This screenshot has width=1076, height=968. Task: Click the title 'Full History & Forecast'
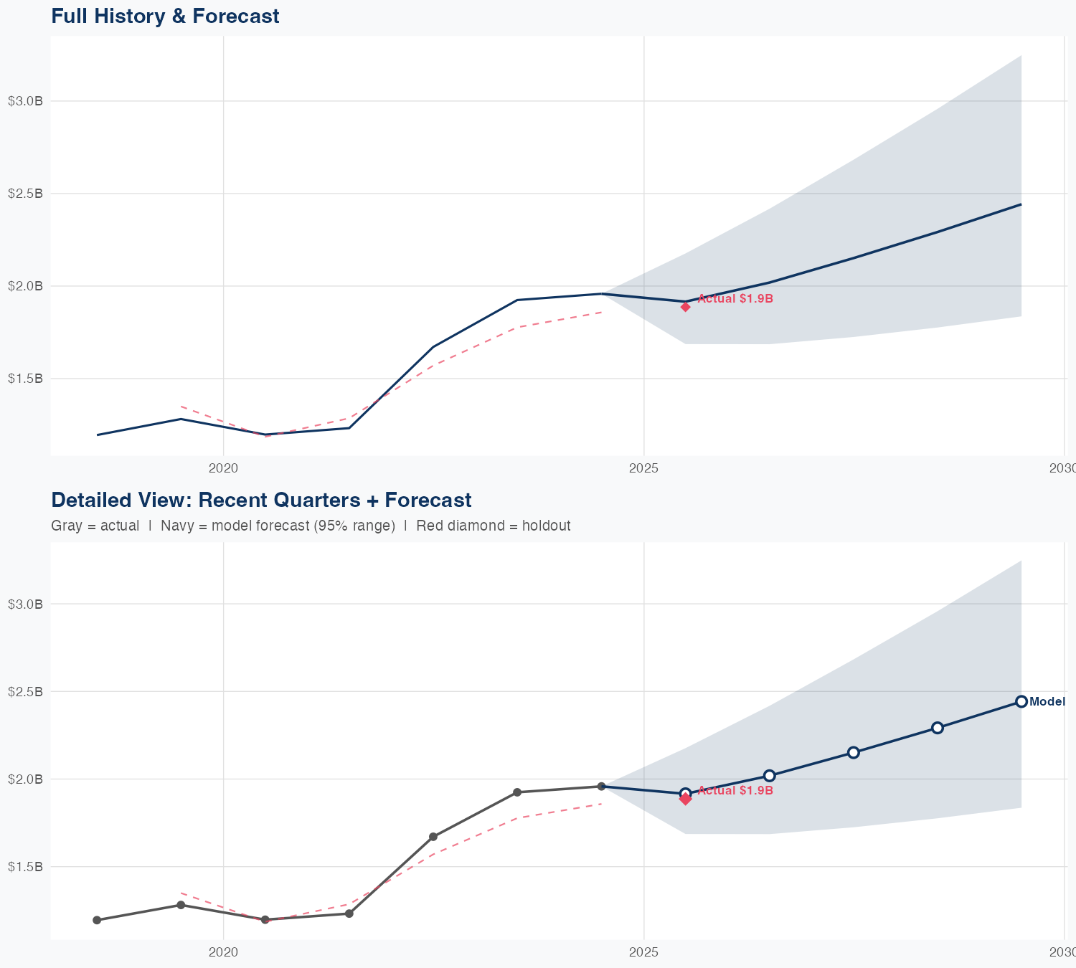(x=165, y=16)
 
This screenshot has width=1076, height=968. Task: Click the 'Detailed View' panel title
(x=261, y=500)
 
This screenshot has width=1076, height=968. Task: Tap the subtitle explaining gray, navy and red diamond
(x=311, y=526)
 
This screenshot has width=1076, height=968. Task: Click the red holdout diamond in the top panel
(x=685, y=307)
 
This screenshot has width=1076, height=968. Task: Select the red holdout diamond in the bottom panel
(x=685, y=799)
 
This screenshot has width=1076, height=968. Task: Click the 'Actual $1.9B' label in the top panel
(x=735, y=299)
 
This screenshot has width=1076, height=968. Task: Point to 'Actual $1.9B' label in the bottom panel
(x=735, y=791)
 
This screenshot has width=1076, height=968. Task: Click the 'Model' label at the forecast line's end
(x=1047, y=702)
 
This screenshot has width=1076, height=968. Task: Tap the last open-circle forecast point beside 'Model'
(x=1021, y=701)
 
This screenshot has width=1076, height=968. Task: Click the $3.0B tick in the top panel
(x=25, y=101)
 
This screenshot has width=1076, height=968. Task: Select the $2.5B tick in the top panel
(x=25, y=194)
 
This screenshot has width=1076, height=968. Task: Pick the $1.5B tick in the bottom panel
(x=25, y=867)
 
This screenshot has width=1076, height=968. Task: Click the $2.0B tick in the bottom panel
(x=25, y=779)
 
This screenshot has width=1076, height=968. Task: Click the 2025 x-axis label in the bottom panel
(x=643, y=952)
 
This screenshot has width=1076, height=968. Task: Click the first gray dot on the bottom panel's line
(x=97, y=920)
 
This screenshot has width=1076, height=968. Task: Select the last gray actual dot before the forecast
(x=601, y=787)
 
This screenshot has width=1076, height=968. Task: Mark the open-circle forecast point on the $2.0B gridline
(x=769, y=776)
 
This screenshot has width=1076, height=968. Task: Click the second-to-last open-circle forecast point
(x=937, y=728)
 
